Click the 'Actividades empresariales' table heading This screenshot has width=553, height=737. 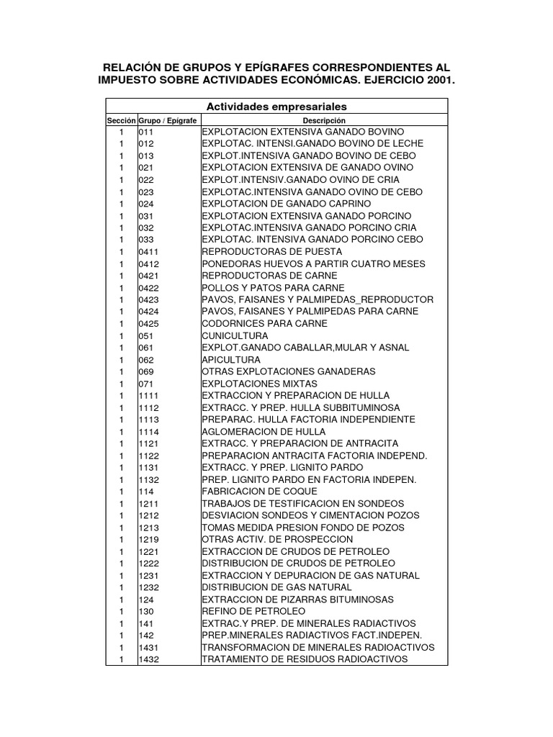[x=276, y=107]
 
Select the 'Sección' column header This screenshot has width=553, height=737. [x=121, y=120]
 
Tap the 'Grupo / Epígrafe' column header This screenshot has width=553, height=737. [x=167, y=120]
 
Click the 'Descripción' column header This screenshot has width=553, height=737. [x=324, y=120]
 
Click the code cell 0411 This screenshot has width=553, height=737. [x=149, y=251]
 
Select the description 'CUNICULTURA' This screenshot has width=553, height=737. [x=235, y=335]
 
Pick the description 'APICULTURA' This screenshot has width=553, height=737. [x=231, y=359]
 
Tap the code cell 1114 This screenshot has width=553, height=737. [x=149, y=431]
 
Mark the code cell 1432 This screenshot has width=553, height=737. [x=149, y=659]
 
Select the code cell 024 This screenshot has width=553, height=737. [x=146, y=203]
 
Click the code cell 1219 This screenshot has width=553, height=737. [x=149, y=539]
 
